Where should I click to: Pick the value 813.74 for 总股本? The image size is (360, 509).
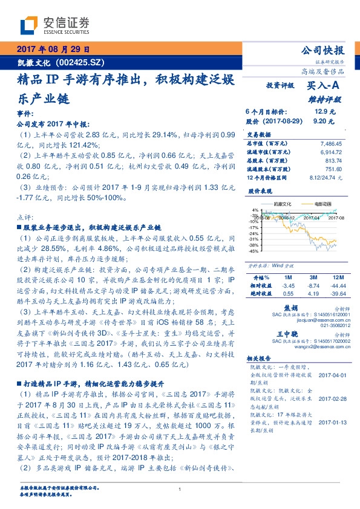point(333,161)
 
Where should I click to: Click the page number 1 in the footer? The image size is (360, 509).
point(180,489)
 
